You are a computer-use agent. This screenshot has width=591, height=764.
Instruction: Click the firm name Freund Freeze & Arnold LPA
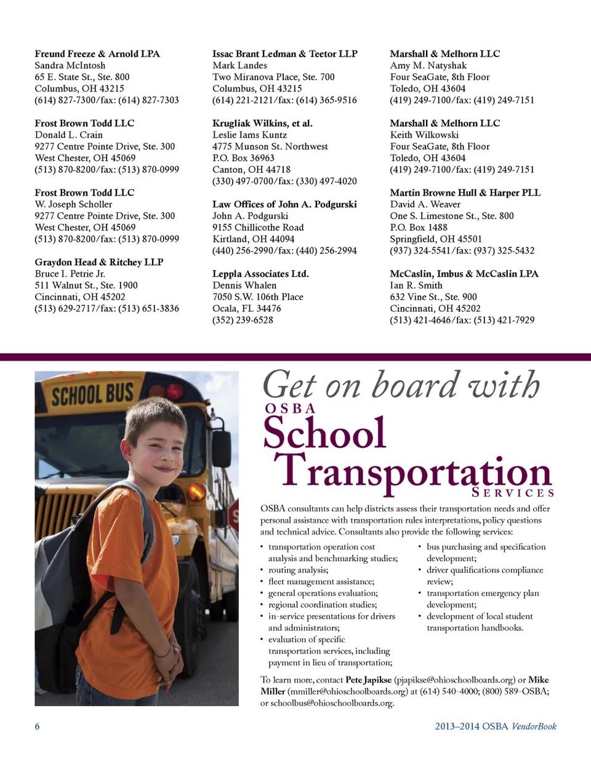pyautogui.click(x=97, y=54)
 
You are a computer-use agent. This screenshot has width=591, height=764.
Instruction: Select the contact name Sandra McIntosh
pyautogui.click(x=70, y=66)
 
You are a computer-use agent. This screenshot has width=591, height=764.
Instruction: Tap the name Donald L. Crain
pyautogui.click(x=69, y=135)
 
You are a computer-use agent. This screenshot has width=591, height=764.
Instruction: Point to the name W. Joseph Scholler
pyautogui.click(x=74, y=204)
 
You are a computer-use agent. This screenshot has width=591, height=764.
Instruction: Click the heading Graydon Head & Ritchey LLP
pyautogui.click(x=99, y=262)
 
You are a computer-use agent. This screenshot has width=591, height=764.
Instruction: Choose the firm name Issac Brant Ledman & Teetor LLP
pyautogui.click(x=285, y=54)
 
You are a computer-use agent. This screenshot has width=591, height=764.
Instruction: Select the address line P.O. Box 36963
pyautogui.click(x=243, y=158)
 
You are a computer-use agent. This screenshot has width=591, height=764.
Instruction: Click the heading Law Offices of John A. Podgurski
pyautogui.click(x=284, y=204)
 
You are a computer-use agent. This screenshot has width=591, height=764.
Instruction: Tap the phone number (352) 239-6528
pyautogui.click(x=243, y=320)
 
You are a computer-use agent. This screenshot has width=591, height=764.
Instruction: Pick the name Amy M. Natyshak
pyautogui.click(x=428, y=66)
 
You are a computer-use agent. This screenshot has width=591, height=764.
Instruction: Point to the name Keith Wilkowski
pyautogui.click(x=424, y=135)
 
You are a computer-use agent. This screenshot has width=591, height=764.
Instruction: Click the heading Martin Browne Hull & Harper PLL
pyautogui.click(x=465, y=193)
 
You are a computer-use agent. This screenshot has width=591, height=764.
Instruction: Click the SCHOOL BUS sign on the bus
pyautogui.click(x=92, y=394)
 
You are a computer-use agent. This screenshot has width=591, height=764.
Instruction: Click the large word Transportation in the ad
pyautogui.click(x=412, y=473)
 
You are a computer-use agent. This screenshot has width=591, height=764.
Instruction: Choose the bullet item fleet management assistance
pyautogui.click(x=321, y=582)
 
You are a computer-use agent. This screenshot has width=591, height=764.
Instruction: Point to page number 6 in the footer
pyautogui.click(x=37, y=726)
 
